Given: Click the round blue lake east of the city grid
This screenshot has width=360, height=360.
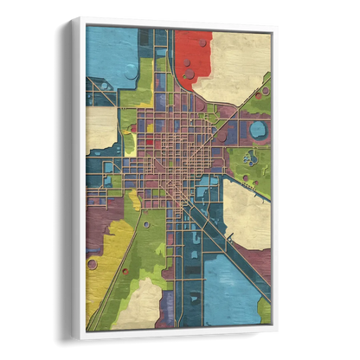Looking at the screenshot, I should pos(257,131).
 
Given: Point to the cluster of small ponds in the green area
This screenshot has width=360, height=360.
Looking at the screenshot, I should pos(250,158).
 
